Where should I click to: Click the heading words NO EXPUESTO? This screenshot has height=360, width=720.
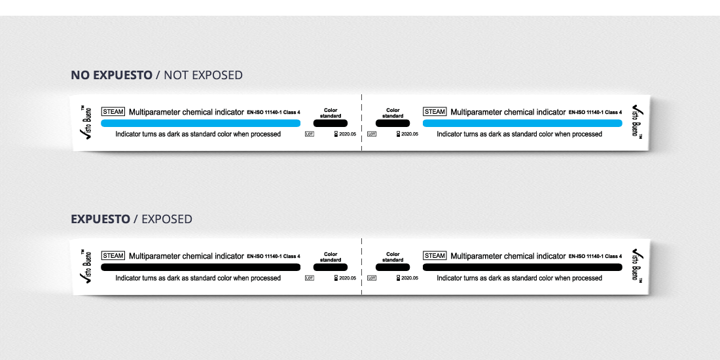(111, 75)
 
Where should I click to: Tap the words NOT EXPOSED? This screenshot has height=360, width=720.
(203, 75)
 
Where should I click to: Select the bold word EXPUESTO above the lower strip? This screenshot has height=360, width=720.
(100, 219)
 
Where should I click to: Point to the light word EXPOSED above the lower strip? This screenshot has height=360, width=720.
(167, 219)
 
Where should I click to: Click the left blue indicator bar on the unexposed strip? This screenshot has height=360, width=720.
(200, 123)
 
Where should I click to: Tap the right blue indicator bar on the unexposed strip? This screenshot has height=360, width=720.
(522, 123)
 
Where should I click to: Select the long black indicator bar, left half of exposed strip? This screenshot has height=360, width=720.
(200, 267)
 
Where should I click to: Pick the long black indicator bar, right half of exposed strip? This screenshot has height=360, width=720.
(522, 267)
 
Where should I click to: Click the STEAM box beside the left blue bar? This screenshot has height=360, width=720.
(113, 112)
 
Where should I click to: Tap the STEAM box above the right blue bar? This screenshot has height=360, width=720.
(435, 112)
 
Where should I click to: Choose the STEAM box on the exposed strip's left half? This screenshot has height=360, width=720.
(113, 256)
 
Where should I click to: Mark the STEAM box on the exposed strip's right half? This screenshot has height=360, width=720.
(435, 256)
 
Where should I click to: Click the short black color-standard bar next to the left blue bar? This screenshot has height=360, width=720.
(331, 123)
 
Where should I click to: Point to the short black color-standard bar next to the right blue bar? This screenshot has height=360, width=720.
(393, 123)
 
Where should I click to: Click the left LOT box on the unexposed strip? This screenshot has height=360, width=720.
(310, 134)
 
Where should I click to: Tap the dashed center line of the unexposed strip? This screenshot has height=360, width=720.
(361, 123)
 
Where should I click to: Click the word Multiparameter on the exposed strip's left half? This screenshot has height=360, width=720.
(154, 256)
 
